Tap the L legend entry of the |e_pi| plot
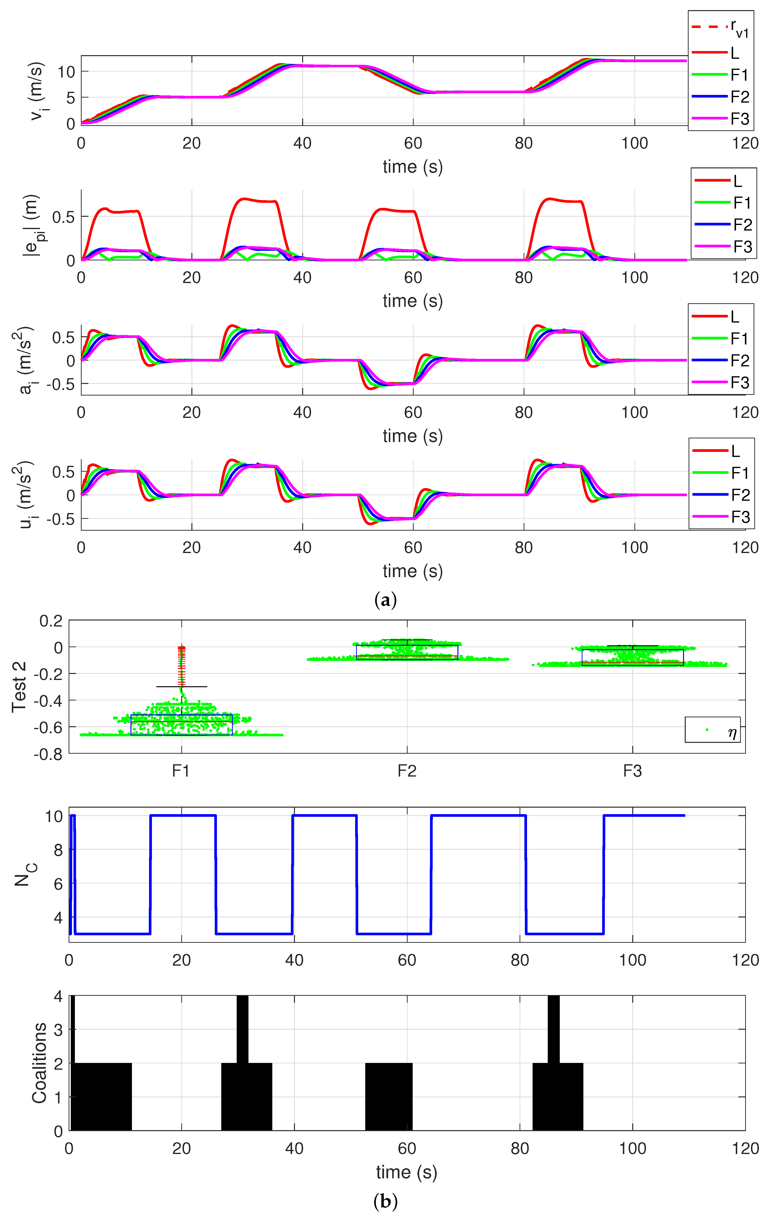(x=723, y=181)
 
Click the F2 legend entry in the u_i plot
(x=720, y=495)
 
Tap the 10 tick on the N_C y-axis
(x=54, y=816)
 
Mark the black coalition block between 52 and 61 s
(x=389, y=1096)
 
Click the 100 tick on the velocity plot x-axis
(x=634, y=143)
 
